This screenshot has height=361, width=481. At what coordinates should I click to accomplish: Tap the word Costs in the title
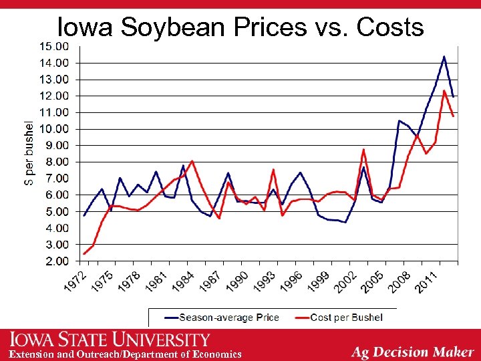[390, 27]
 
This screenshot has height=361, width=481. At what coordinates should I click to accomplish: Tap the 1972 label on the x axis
[75, 281]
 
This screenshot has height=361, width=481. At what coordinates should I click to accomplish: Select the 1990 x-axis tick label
[238, 281]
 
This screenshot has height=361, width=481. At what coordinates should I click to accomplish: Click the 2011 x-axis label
[427, 281]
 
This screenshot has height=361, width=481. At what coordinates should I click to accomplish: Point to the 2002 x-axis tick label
[346, 281]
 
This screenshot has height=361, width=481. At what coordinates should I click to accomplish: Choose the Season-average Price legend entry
[221, 317]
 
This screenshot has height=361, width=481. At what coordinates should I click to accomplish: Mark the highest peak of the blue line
[444, 56]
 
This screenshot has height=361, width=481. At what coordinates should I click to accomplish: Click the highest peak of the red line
[444, 91]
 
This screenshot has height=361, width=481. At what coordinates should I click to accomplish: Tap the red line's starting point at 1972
[84, 254]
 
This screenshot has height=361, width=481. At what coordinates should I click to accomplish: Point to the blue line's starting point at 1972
[84, 215]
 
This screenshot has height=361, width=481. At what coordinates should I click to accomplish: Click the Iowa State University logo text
[110, 339]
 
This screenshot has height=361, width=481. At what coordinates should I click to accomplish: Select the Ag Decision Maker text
[412, 352]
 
